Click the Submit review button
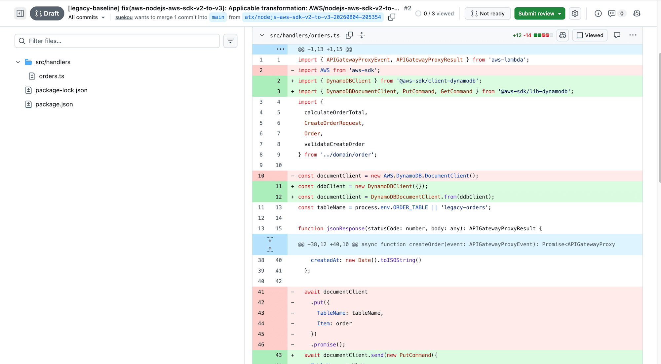(539, 14)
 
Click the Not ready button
(487, 14)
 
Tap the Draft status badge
(47, 14)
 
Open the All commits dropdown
(87, 17)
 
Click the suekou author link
(124, 17)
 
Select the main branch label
(218, 17)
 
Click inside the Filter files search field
(117, 41)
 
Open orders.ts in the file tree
(52, 76)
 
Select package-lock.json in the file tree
(61, 90)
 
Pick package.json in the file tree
(54, 104)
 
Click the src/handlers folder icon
(28, 62)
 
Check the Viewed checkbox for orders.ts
(580, 35)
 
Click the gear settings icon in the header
(575, 14)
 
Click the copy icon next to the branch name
(392, 17)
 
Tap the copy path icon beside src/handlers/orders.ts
(349, 35)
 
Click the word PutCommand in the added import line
(418, 91)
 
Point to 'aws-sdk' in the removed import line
(363, 70)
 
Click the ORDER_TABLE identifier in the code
(410, 207)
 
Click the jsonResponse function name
(346, 229)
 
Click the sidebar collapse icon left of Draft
(20, 14)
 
